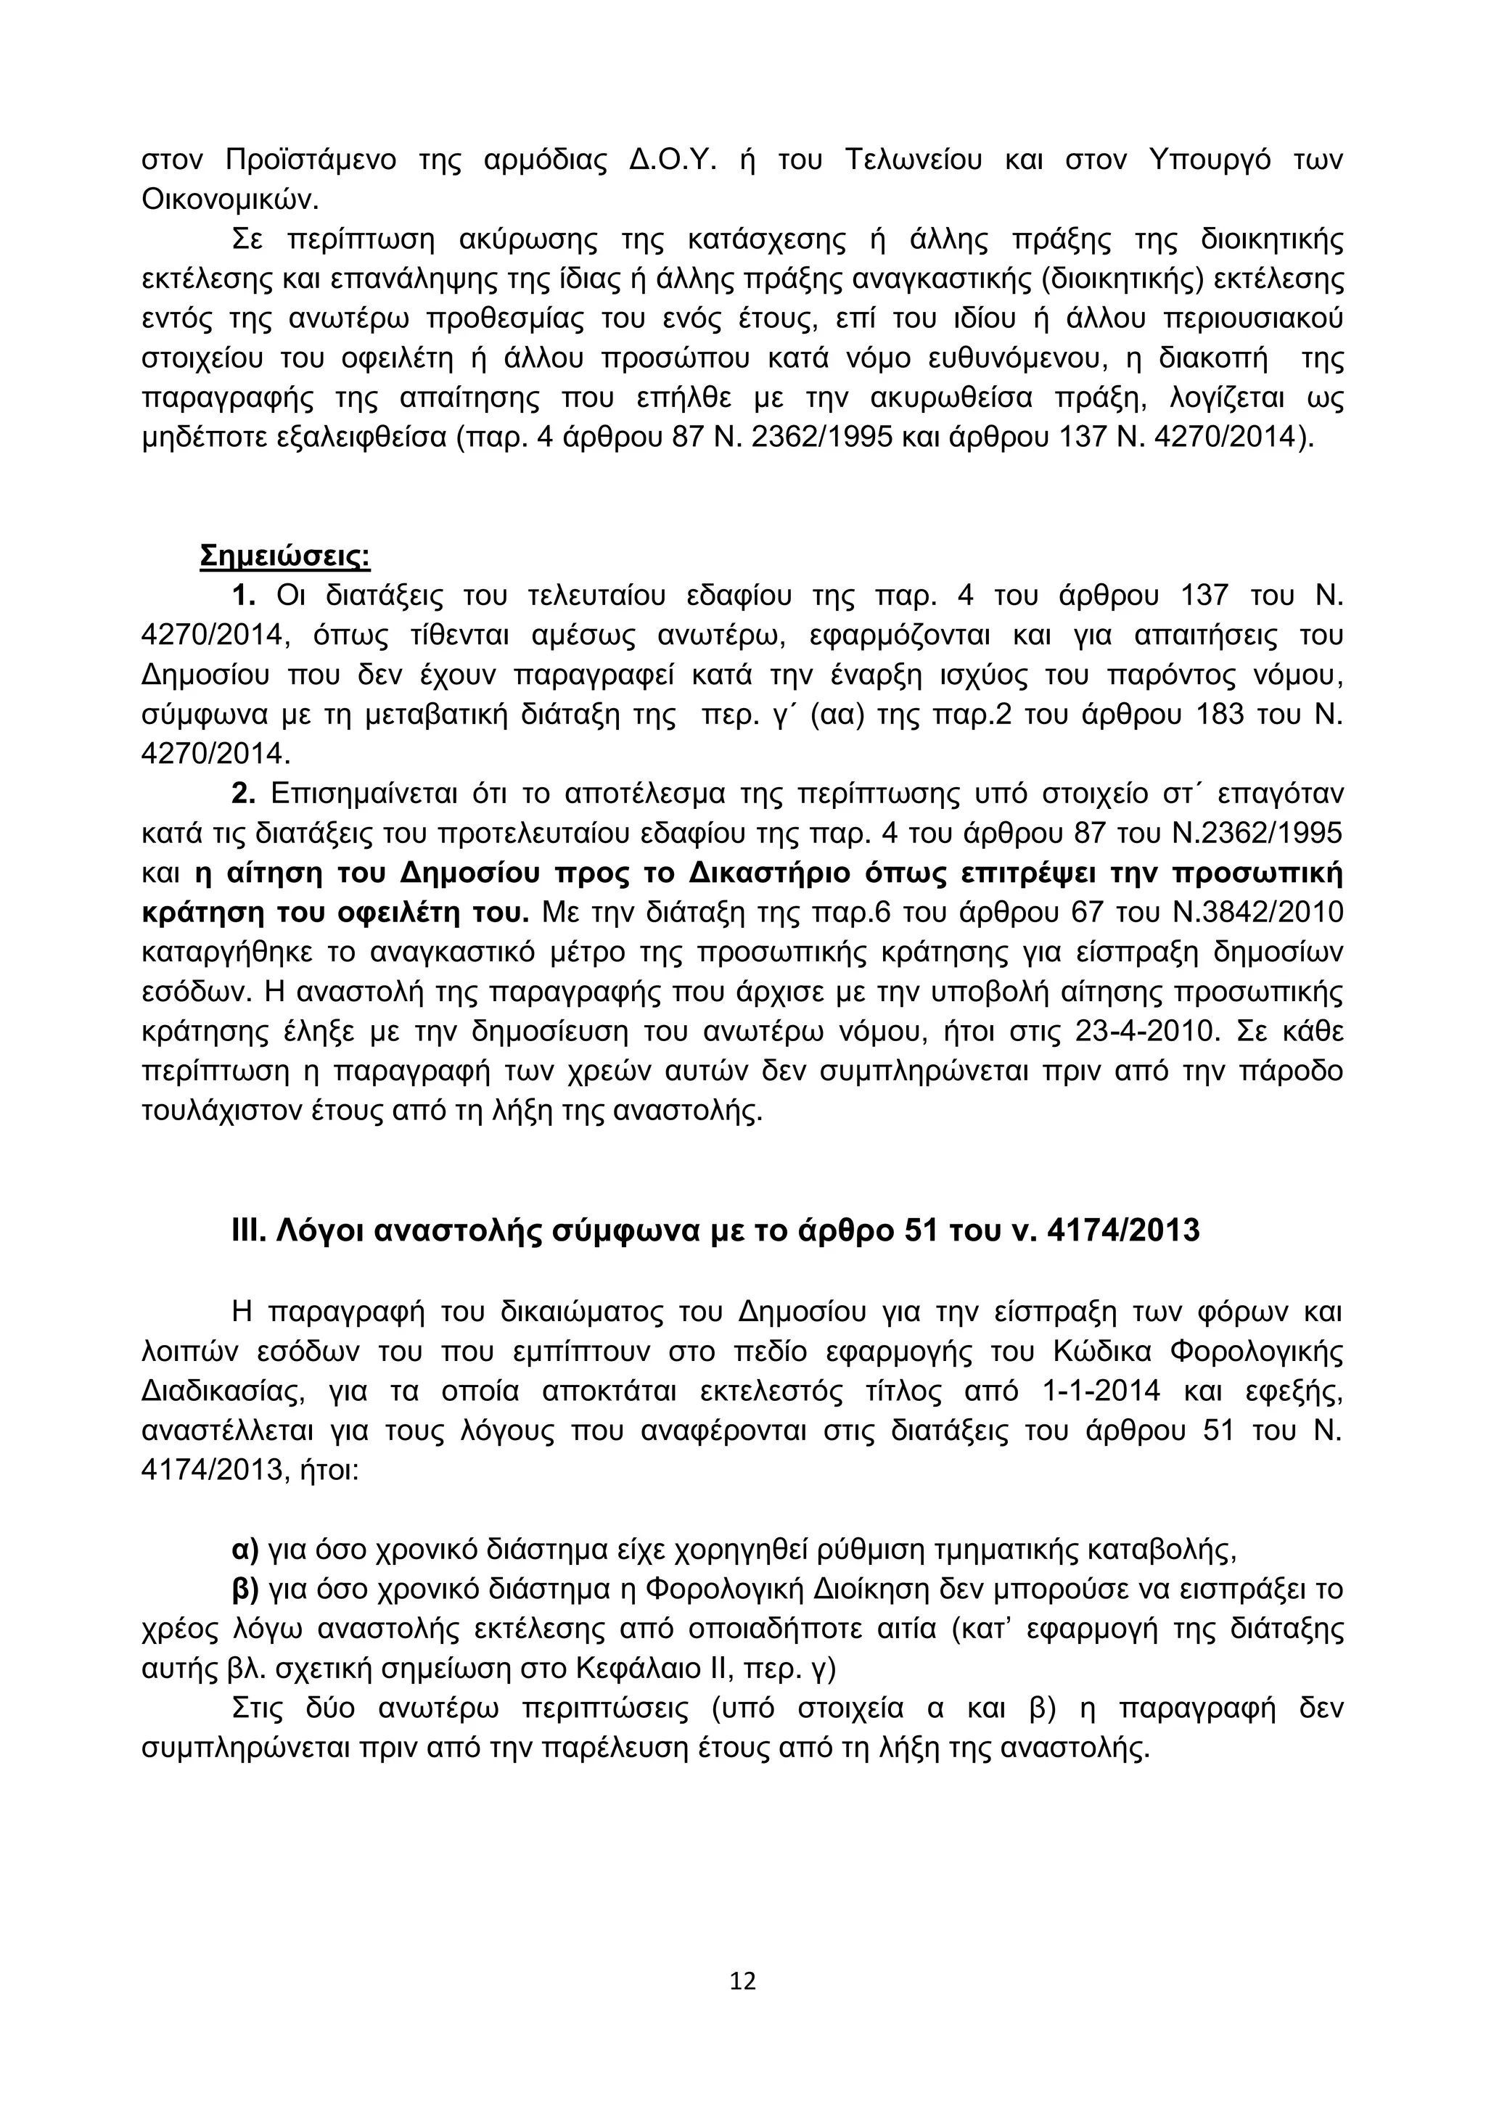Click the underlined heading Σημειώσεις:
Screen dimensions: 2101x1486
pyautogui.click(x=284, y=556)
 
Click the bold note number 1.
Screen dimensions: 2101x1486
pyautogui.click(x=242, y=596)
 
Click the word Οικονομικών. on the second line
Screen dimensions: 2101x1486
pyautogui.click(x=231, y=199)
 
